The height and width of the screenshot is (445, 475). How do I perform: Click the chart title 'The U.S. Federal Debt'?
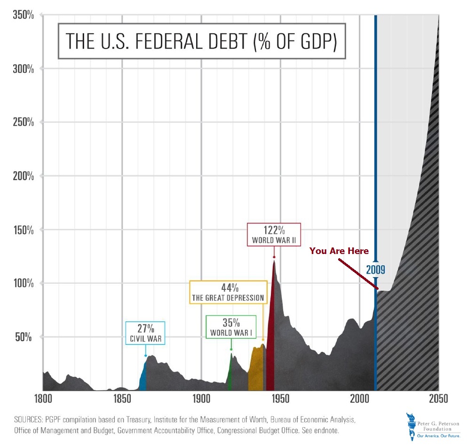pos(201,41)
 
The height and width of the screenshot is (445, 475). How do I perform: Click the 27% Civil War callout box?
pos(145,333)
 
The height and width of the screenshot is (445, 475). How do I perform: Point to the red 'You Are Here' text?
pos(339,251)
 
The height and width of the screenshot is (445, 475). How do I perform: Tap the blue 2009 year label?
pos(376,270)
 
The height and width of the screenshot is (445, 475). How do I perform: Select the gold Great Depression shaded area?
pos(255,369)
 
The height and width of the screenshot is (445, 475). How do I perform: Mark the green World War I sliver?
pos(230,372)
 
